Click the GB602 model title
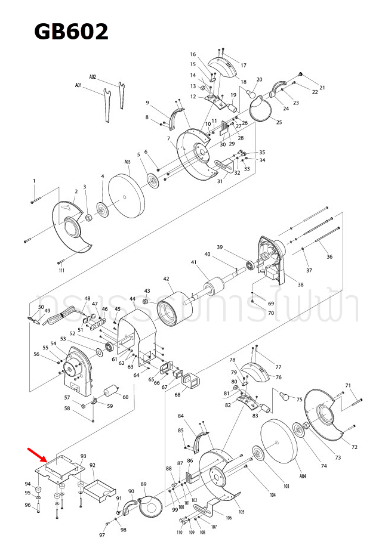click(x=71, y=31)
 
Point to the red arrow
click(x=37, y=454)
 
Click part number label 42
click(x=167, y=279)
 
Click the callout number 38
click(x=301, y=285)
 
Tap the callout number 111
click(x=61, y=271)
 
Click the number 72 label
click(x=354, y=447)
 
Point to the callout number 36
click(x=329, y=257)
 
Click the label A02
click(x=93, y=77)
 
